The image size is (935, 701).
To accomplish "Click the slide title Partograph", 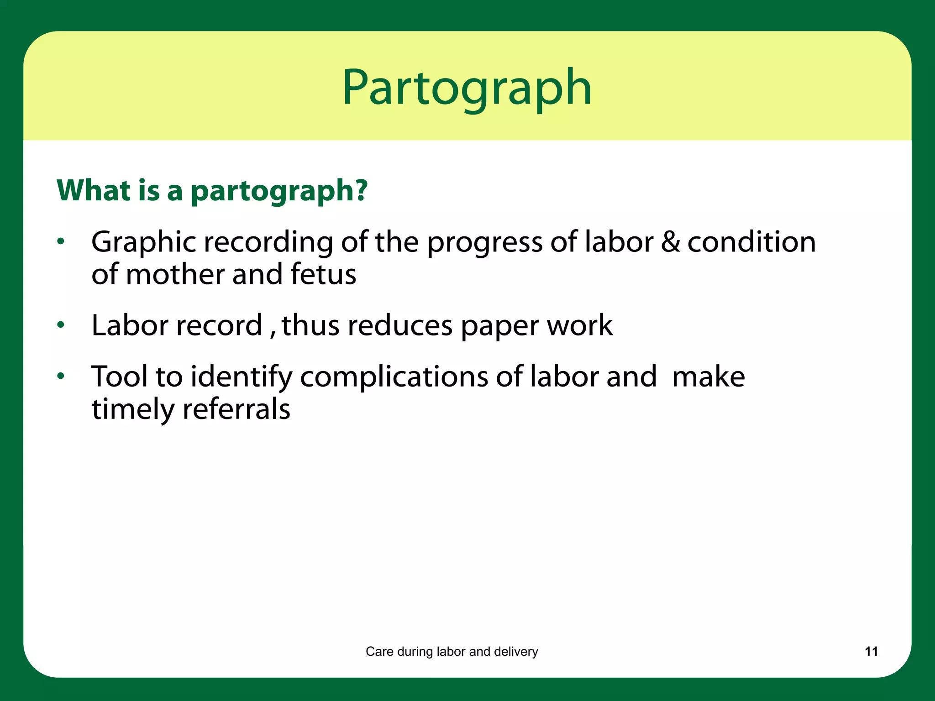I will click(467, 88).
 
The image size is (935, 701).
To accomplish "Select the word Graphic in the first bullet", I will click(143, 242).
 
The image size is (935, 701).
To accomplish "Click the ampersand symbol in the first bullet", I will click(670, 242).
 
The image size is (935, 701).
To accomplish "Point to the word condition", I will click(751, 242).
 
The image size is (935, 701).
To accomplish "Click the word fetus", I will click(323, 274).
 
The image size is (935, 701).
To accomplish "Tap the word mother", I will click(175, 274).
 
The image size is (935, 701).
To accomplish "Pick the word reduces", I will click(399, 325).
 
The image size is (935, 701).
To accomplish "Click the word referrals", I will click(236, 409).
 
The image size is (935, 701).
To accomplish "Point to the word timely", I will click(133, 410).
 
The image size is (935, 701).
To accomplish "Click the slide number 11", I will click(871, 651).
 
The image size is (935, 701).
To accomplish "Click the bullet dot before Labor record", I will click(61, 325).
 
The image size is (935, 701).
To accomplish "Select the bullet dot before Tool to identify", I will click(61, 377).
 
